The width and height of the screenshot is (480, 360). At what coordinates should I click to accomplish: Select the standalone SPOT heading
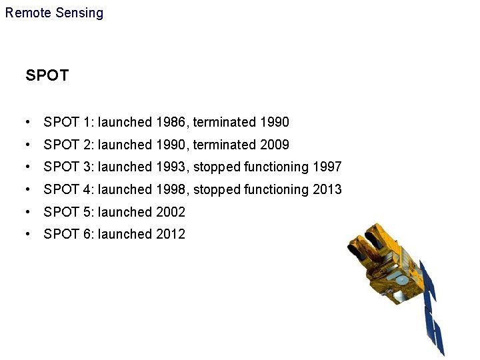tap(47, 75)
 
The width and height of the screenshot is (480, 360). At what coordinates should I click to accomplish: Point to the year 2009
tap(275, 145)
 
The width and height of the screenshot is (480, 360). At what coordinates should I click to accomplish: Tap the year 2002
tap(171, 212)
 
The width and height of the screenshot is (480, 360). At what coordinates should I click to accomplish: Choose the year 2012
tap(171, 234)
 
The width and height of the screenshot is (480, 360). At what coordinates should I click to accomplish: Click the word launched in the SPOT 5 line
tap(125, 212)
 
